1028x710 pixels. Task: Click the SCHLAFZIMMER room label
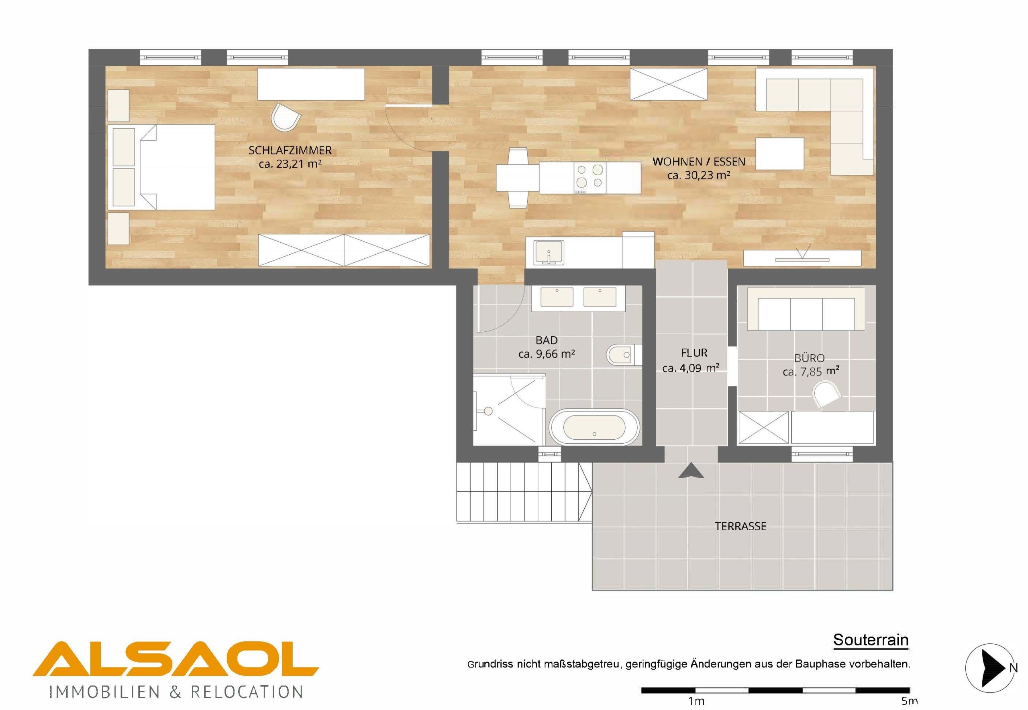290,150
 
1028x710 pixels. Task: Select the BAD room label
546,340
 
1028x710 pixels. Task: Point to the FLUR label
693,353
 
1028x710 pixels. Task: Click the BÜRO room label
810,358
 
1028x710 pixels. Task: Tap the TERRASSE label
740,526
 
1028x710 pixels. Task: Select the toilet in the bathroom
624,355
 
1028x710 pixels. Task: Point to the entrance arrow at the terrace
691,470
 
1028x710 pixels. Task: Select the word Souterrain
871,640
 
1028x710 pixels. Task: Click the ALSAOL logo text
176,664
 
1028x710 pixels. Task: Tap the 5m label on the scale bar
910,702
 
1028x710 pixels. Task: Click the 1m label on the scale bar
696,702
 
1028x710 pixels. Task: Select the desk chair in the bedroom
286,117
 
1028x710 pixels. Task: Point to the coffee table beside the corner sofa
779,154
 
